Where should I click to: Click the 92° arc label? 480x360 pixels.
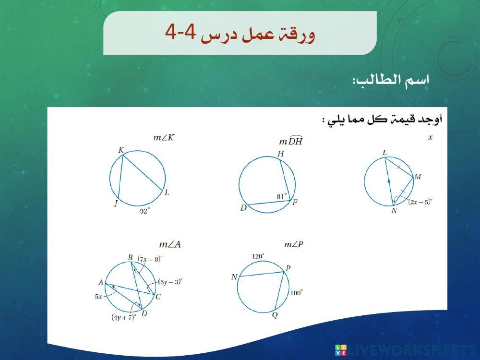[x=144, y=210]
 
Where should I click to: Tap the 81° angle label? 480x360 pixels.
[x=282, y=196]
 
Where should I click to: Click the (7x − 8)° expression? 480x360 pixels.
[x=150, y=259]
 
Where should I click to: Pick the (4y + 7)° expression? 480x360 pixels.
[x=124, y=317]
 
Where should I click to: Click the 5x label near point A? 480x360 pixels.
[x=98, y=297]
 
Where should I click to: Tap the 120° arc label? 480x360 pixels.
[x=259, y=256]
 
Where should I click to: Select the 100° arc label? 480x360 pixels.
[x=296, y=292]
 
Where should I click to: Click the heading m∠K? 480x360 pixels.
[x=164, y=138]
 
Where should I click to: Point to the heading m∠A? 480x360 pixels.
[x=170, y=245]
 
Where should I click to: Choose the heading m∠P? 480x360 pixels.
[x=294, y=245]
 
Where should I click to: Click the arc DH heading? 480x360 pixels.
[x=291, y=141]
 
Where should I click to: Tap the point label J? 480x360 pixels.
[x=116, y=204]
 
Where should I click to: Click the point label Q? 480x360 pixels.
[x=275, y=315]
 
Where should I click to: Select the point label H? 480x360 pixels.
[x=281, y=154]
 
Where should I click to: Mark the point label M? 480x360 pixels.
[x=418, y=177]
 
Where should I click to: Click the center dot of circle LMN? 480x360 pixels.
[x=389, y=181]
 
